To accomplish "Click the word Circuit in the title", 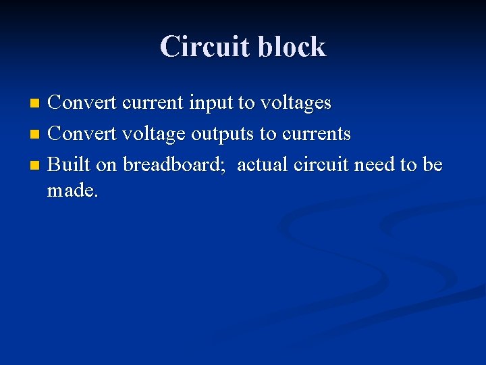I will click(x=201, y=47).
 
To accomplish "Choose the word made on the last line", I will click(x=72, y=191).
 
